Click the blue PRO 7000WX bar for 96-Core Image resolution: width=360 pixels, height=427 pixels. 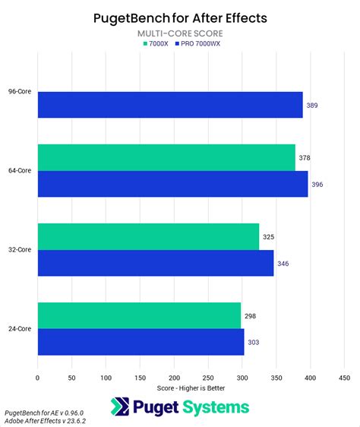pos(170,105)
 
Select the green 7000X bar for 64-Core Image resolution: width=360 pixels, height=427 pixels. pos(166,158)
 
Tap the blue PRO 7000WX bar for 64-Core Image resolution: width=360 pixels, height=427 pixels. pos(172,184)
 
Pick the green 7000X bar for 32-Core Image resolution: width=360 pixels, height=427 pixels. pos(148,236)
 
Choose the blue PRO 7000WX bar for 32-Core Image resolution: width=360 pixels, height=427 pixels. pos(155,263)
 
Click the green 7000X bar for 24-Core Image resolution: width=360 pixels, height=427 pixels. pos(139,315)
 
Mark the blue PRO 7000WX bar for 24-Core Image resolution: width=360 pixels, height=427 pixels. pos(141,342)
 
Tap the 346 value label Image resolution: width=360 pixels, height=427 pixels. pos(283,263)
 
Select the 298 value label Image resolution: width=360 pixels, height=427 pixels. pos(250,315)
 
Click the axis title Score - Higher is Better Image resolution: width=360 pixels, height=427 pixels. pos(190,388)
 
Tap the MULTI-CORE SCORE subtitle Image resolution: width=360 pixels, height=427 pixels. pos(179,34)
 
